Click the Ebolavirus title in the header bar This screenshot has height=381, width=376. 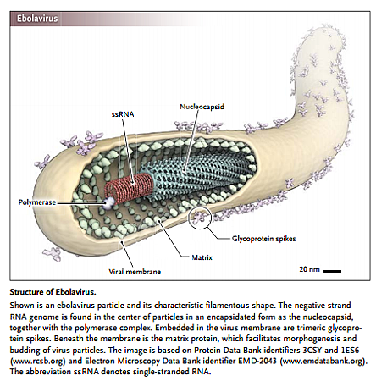click(37, 19)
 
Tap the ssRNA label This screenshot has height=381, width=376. click(123, 114)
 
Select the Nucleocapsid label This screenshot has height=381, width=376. click(202, 107)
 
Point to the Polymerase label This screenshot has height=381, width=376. click(37, 202)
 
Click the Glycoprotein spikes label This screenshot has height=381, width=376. click(264, 239)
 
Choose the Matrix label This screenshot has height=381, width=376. click(202, 257)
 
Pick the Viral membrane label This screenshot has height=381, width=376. click(135, 272)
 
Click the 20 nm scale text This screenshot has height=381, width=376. click(309, 269)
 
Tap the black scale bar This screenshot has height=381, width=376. click(332, 271)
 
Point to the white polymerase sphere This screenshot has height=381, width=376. click(108, 203)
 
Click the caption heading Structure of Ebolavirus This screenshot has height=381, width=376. click(53, 292)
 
